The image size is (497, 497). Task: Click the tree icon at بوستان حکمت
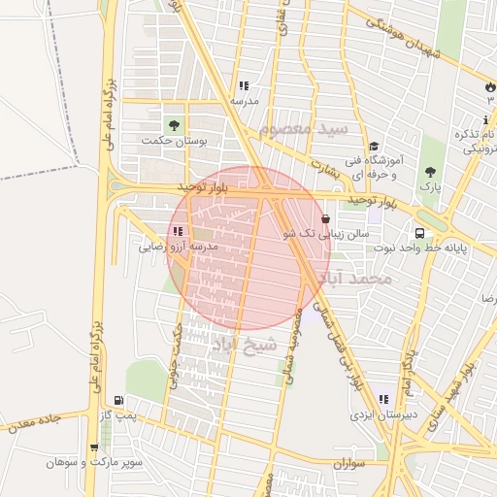[174, 125]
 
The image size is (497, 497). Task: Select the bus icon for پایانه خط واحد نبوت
[420, 233]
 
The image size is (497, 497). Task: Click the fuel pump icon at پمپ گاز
[118, 399]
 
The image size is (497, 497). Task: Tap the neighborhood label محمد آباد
[357, 280]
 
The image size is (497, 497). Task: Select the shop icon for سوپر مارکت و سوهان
[93, 447]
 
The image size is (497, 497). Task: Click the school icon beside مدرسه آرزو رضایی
[177, 231]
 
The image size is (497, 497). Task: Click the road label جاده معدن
[36, 421]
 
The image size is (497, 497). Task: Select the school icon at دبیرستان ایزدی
[383, 399]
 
